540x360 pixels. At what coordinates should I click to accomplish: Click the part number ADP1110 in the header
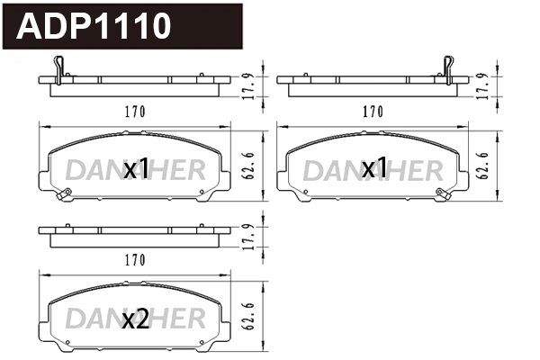click(94, 26)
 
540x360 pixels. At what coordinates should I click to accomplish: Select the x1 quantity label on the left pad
click(136, 168)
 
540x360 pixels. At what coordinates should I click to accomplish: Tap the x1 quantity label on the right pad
click(373, 168)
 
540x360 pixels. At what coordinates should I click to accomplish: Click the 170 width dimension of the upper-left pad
click(133, 112)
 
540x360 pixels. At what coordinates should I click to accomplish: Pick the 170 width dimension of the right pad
click(373, 112)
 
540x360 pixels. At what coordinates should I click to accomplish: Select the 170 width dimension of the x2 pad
click(133, 261)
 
